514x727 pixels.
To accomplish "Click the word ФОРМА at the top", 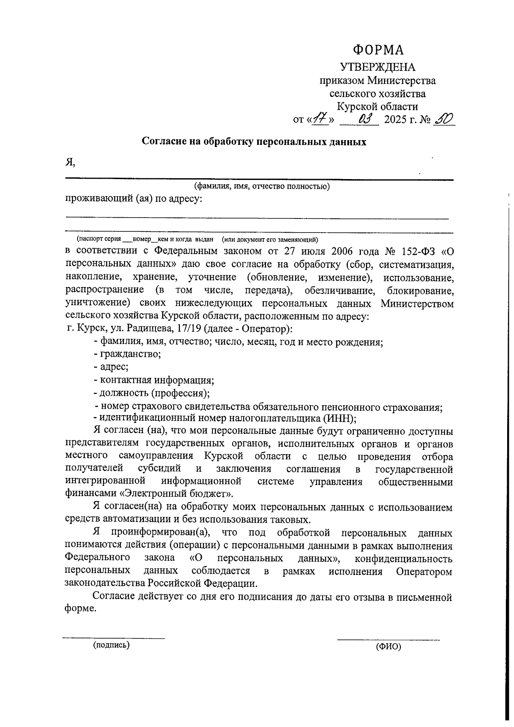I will point(378,50).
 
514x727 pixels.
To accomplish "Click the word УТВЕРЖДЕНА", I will point(377,67).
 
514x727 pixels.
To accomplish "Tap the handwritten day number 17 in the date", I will point(320,119).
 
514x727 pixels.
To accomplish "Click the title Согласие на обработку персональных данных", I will point(254,142).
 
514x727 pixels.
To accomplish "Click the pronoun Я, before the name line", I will point(70,162).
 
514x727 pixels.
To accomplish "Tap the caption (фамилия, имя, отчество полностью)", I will point(262,186).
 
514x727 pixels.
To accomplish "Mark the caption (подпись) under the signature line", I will point(111,645).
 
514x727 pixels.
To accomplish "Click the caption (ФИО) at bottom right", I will point(388,647).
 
